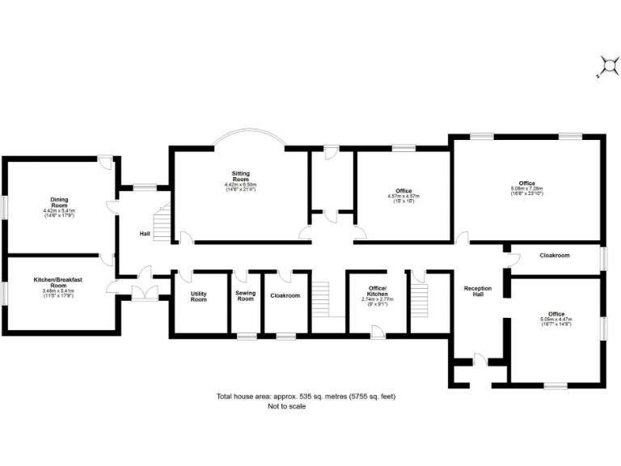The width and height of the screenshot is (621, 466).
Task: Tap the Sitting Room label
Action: pyautogui.click(x=240, y=176)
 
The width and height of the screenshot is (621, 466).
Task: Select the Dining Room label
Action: pyautogui.click(x=58, y=202)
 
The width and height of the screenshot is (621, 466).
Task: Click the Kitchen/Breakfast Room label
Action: pyautogui.click(x=57, y=282)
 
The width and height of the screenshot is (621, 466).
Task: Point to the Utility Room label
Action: pyautogui.click(x=199, y=296)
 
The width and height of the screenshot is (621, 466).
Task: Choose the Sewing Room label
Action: pyautogui.click(x=245, y=296)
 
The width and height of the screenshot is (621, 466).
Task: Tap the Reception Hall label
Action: pyautogui.click(x=478, y=292)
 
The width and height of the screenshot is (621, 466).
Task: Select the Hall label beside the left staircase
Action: pyautogui.click(x=144, y=234)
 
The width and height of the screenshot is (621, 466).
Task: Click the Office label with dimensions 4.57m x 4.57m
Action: pyautogui.click(x=403, y=191)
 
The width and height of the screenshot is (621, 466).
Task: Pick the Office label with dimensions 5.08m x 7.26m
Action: pyautogui.click(x=526, y=184)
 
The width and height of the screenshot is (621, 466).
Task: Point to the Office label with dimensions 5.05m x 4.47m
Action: pyautogui.click(x=556, y=314)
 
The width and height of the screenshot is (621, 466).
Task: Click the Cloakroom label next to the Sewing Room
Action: pyautogui.click(x=285, y=296)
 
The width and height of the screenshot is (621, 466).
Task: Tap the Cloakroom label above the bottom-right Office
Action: pyautogui.click(x=555, y=256)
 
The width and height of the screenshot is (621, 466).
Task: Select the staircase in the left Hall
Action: pyautogui.click(x=164, y=222)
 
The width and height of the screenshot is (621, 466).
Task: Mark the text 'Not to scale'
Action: pyautogui.click(x=287, y=407)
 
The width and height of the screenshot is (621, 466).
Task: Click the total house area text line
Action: pyautogui.click(x=305, y=396)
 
